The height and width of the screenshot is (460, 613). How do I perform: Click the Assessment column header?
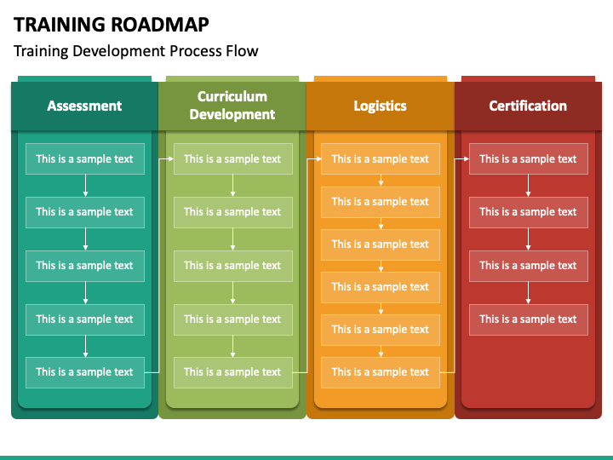pos(84,106)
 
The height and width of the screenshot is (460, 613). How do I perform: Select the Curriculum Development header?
pos(232,106)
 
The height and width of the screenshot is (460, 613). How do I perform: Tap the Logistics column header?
pos(380,106)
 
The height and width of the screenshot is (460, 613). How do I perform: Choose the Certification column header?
pos(528,106)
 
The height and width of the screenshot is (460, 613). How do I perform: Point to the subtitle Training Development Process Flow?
pos(135,51)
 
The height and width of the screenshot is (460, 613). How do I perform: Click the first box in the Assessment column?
pos(85,158)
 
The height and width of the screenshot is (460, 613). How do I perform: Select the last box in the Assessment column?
pos(85,372)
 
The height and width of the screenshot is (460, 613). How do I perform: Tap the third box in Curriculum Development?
pos(233,266)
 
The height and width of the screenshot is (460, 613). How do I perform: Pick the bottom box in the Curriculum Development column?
pos(233,372)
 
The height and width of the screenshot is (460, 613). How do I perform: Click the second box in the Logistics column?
pos(381,202)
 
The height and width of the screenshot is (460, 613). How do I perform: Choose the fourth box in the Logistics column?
pos(381,287)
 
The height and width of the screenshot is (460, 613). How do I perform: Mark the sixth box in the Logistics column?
pos(381,372)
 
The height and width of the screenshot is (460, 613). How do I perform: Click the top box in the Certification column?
pos(529,158)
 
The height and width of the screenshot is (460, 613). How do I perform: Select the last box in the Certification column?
pos(529,319)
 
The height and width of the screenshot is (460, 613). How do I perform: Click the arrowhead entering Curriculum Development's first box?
pos(171,158)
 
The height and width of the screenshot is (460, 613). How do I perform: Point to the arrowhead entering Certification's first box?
pos(467,158)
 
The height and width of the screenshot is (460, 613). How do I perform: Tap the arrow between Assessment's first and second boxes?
pos(85,186)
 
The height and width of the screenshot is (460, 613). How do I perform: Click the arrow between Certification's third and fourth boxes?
pos(528,293)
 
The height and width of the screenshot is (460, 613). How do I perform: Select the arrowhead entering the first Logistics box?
pos(318,158)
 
